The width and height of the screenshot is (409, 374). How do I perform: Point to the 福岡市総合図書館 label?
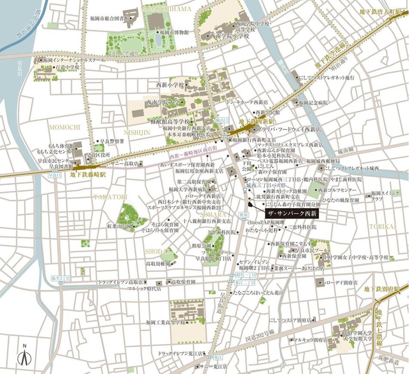(x=109, y=19)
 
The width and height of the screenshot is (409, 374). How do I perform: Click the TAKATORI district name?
(x=111, y=197)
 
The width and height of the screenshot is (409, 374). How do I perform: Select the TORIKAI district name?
(x=382, y=226)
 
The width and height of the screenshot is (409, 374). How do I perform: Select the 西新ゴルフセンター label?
(x=338, y=190)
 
